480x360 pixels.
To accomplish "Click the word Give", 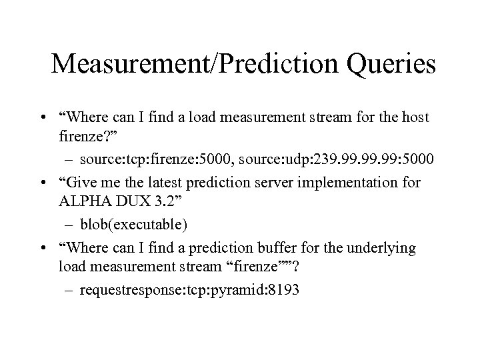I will pyautogui.click(x=82, y=183).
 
